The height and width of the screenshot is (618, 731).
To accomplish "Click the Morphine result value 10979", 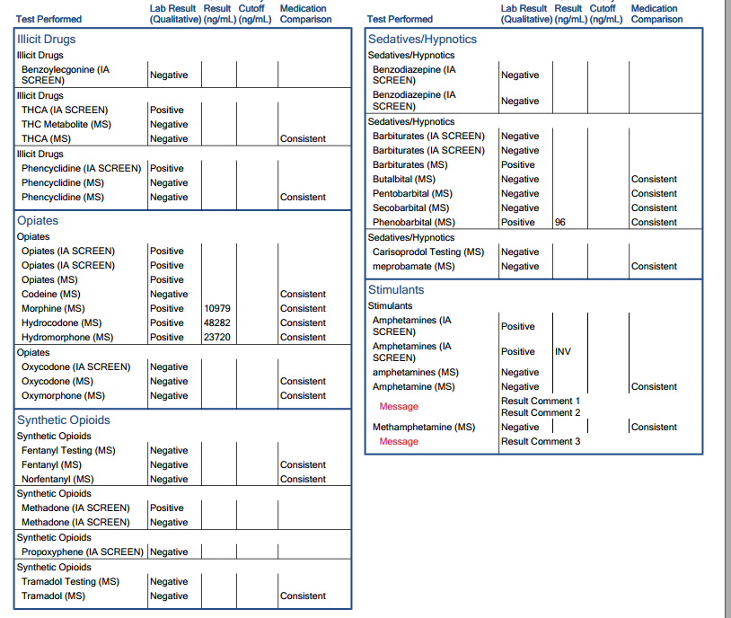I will point(217,309).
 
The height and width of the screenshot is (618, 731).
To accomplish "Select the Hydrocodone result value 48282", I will point(217,323).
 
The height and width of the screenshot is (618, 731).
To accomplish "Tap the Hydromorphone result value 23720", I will point(217,338).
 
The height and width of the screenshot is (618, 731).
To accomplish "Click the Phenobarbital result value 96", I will point(560,223).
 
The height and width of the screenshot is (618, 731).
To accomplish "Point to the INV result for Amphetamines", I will point(563,352).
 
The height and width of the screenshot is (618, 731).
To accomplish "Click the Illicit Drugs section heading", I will point(46,40).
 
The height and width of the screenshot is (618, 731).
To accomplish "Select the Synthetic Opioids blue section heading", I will point(64,420).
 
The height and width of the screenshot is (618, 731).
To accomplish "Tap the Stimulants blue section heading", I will point(396,290).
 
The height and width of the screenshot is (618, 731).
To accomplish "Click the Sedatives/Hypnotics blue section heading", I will point(422,40).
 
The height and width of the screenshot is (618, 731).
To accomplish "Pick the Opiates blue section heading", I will point(38,221).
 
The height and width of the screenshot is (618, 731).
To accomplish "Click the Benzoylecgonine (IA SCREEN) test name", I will point(66,75).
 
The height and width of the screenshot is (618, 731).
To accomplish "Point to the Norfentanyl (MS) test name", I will point(57,480).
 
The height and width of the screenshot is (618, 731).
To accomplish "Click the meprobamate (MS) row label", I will point(414,267).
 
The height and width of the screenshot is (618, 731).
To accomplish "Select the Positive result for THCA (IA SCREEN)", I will point(167,110).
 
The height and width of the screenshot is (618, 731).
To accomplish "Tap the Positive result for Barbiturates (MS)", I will point(518,165).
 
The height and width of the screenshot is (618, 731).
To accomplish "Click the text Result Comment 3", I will point(541,442).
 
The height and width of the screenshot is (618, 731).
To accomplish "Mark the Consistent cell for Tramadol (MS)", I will point(303,596).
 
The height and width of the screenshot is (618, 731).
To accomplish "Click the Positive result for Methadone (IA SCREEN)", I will point(167,508).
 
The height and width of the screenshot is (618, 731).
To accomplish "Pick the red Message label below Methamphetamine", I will point(399,442).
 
